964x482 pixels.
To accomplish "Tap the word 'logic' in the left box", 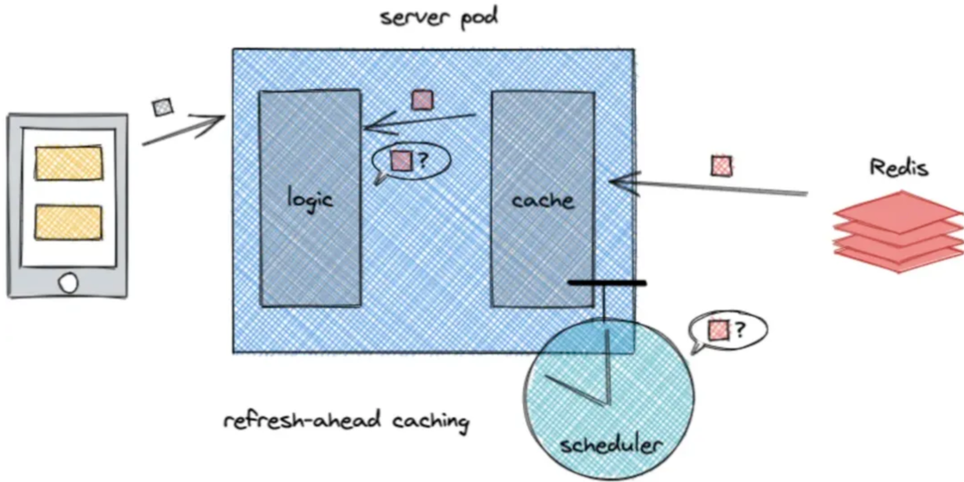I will (309, 197).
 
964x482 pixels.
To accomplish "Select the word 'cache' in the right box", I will (543, 200).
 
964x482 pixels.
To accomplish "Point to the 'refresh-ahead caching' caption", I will (345, 420).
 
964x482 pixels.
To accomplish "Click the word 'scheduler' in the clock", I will (610, 444).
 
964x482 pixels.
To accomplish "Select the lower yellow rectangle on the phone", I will (69, 222).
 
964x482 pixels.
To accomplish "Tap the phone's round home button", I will (68, 283).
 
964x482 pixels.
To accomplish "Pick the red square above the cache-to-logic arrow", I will (420, 100).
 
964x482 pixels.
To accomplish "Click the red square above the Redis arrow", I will (721, 166).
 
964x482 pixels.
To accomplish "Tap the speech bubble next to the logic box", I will (411, 162).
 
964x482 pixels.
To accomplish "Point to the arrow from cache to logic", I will (418, 121).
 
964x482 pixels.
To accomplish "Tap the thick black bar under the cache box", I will (606, 284).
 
